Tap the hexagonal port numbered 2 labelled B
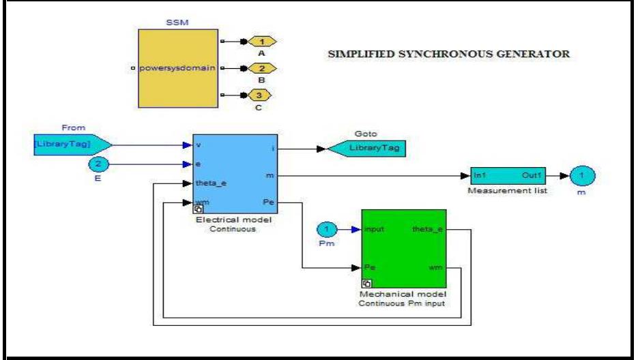click(261, 68)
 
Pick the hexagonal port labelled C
click(261, 94)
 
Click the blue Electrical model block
click(235, 174)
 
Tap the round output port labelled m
click(581, 176)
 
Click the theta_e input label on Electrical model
click(208, 183)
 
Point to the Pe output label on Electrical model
click(268, 202)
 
